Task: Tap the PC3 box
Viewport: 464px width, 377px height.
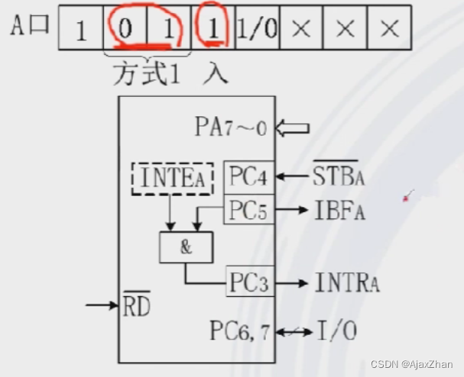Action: coord(248,282)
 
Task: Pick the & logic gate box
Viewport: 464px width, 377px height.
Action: coord(186,246)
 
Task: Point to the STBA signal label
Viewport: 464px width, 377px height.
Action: coord(339,178)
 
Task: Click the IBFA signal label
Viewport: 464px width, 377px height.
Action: coord(339,211)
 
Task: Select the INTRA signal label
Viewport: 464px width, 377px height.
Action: coord(347,282)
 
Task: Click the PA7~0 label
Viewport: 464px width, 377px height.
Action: coord(231,127)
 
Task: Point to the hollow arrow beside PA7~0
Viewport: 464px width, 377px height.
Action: coord(292,127)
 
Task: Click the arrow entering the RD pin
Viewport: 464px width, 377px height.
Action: coord(102,305)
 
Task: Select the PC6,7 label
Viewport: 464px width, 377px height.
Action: coord(240,330)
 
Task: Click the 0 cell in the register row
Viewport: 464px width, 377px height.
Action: coord(124,28)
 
